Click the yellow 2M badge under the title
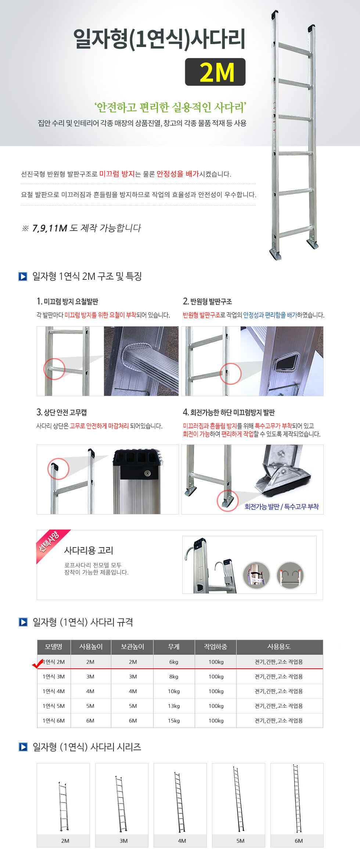215,72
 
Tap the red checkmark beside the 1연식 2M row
38,664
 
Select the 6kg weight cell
174,662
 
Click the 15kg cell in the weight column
174,720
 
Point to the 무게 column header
174,647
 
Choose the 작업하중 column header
216,647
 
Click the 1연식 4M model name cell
54,691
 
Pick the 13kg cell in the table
174,706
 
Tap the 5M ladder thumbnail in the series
238,799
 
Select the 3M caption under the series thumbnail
123,841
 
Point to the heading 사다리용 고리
89,550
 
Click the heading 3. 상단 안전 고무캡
62,412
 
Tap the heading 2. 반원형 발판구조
208,301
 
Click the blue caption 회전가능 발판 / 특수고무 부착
282,506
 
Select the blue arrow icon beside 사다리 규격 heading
23,622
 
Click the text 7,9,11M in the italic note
50,228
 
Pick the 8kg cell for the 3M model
174,676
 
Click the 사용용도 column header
279,647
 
